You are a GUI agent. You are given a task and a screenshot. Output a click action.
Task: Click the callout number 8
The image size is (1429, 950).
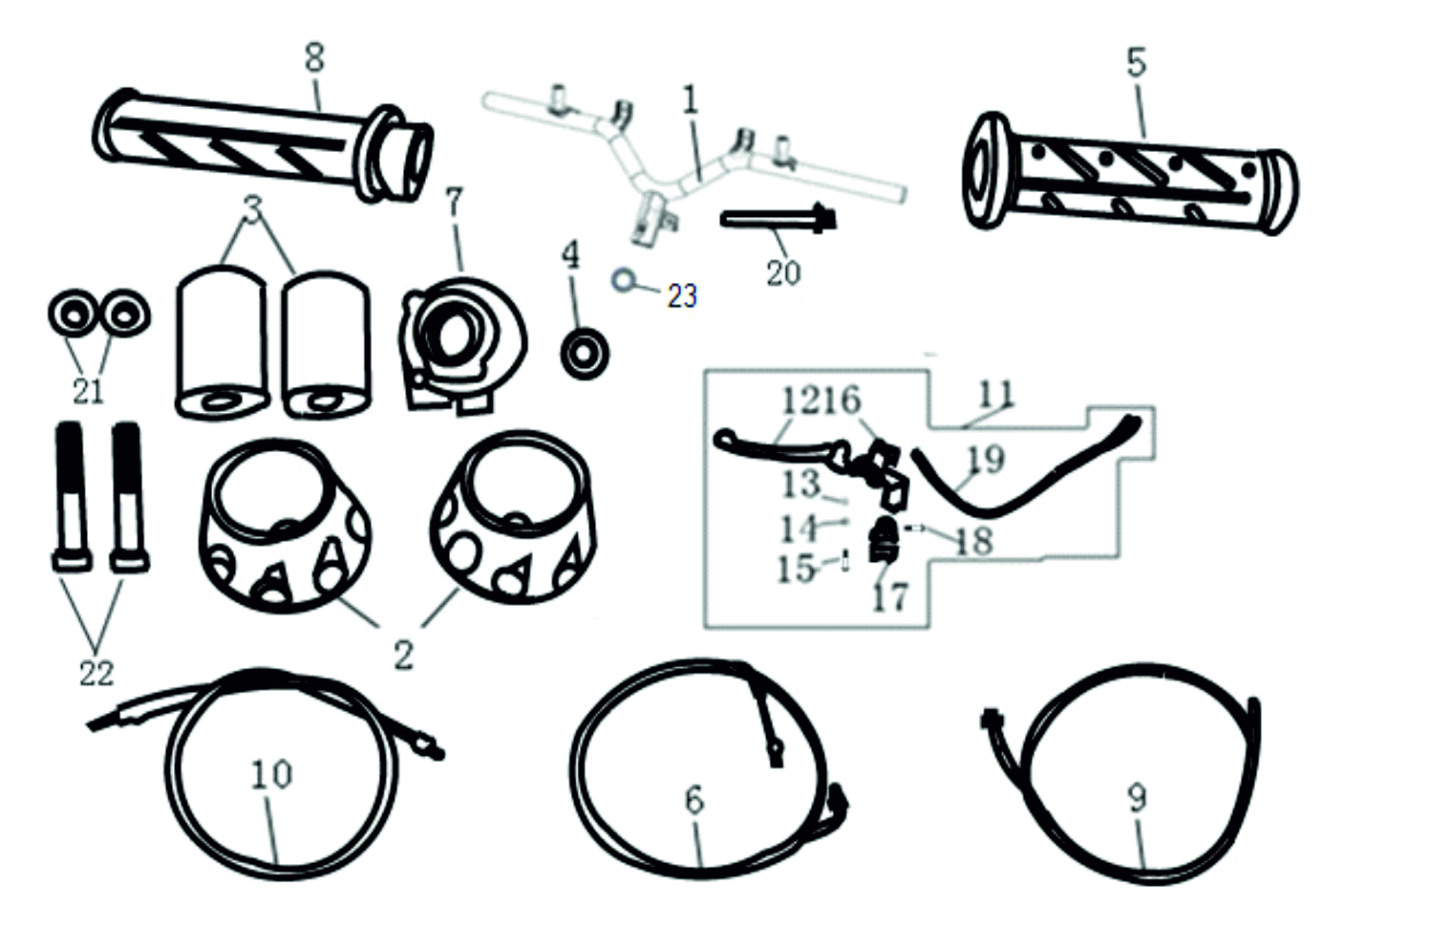(314, 57)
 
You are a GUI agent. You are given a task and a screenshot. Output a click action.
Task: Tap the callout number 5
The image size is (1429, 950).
(1135, 62)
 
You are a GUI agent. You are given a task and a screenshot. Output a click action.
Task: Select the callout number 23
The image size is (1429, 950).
(682, 296)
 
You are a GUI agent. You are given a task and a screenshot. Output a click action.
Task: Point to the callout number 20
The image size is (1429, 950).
(782, 272)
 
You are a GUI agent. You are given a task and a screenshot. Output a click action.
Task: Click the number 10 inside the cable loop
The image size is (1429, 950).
(271, 773)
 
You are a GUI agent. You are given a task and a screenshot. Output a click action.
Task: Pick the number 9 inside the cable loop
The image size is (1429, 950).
(1136, 797)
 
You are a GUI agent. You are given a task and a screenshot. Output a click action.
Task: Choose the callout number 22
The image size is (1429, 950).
(96, 673)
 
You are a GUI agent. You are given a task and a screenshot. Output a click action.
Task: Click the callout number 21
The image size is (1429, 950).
(88, 390)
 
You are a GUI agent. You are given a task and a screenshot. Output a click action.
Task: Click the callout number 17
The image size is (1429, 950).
(889, 597)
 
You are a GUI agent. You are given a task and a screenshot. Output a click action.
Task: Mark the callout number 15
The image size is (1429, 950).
(796, 570)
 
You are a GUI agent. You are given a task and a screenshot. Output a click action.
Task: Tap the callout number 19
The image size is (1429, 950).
(986, 459)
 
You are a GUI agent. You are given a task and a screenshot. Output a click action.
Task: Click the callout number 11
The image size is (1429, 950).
(995, 393)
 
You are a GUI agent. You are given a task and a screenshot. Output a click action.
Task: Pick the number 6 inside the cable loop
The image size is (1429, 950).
(694, 799)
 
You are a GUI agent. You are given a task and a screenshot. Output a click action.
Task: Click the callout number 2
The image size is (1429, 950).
(403, 655)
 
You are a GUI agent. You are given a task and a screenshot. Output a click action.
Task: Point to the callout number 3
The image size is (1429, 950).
(252, 209)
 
